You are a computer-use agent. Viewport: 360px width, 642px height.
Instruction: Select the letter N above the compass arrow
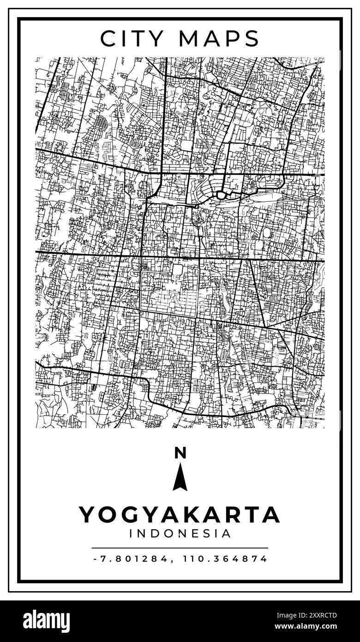click(180, 453)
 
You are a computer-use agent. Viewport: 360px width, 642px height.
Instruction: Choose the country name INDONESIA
click(180, 534)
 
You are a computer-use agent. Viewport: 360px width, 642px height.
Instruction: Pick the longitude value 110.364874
click(225, 559)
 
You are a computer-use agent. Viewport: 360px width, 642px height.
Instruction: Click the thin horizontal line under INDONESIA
click(180, 548)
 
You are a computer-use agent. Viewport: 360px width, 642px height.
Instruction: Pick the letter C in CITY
click(107, 39)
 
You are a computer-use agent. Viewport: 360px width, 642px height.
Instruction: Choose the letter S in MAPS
click(252, 39)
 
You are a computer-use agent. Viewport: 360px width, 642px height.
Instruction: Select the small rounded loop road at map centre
click(221, 195)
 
